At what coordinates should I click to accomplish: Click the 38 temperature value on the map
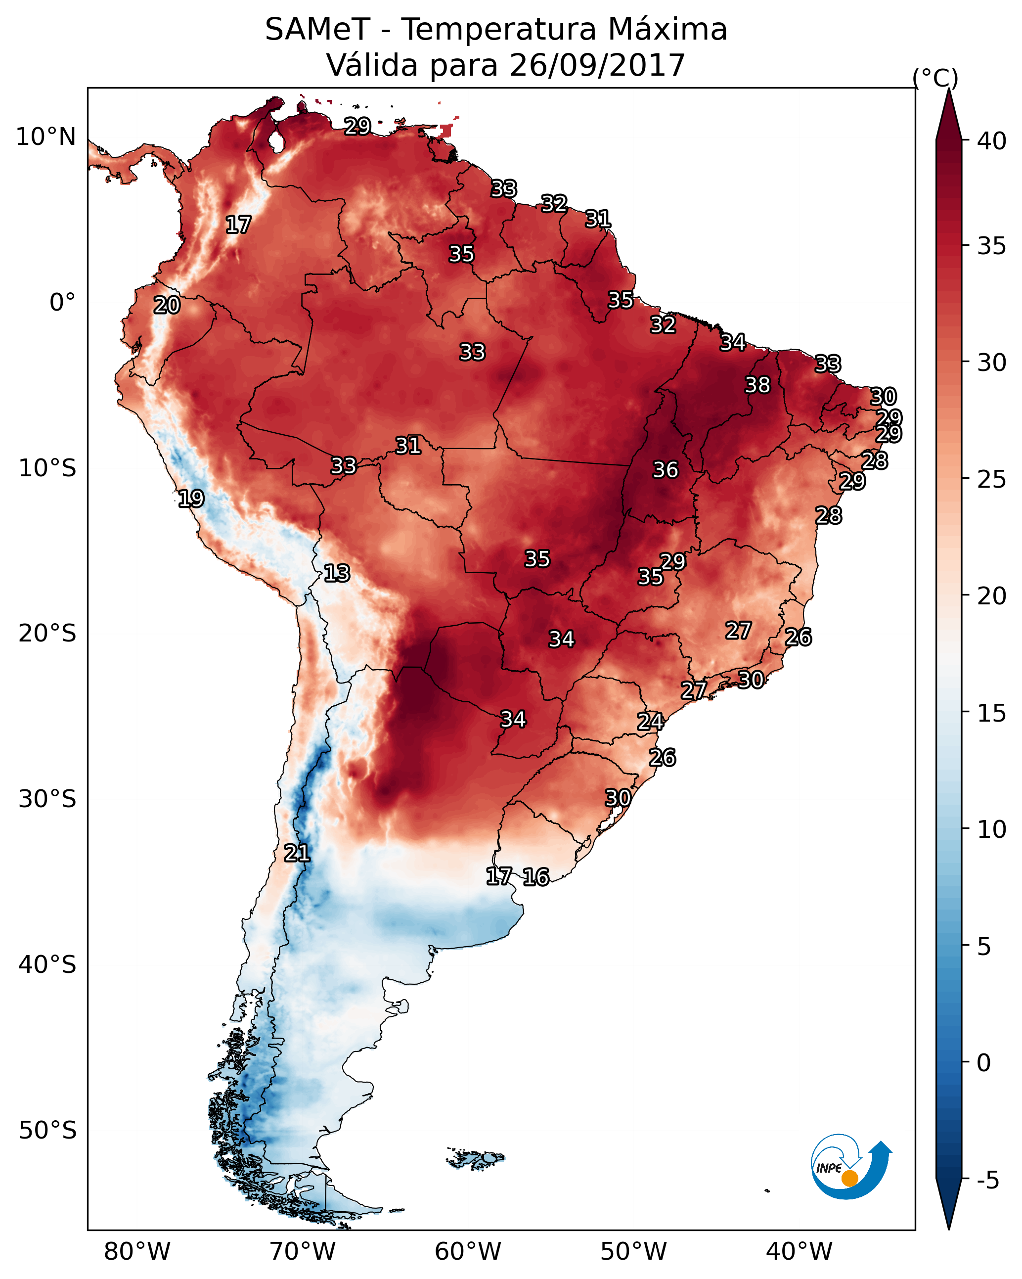[757, 385]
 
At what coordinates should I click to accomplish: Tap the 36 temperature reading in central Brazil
[665, 470]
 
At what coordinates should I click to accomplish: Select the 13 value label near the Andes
[337, 573]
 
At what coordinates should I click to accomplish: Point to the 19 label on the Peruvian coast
[191, 499]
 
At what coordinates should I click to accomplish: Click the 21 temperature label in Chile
[297, 853]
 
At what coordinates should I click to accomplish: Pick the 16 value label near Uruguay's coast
[535, 877]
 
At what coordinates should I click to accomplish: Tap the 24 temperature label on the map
[650, 722]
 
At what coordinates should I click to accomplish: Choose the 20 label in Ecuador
[167, 305]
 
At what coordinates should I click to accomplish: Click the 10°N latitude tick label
[45, 137]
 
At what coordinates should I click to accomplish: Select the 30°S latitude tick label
[47, 799]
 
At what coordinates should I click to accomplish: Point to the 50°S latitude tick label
[47, 1130]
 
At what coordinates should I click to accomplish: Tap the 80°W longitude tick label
[137, 1251]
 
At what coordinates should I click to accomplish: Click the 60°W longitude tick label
[468, 1251]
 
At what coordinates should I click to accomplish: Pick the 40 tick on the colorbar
[992, 141]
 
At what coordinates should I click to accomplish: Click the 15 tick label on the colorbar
[992, 713]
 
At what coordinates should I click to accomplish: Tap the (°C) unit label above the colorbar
[935, 78]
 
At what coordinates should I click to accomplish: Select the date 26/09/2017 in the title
[597, 65]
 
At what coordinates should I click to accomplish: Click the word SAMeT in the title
[317, 29]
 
